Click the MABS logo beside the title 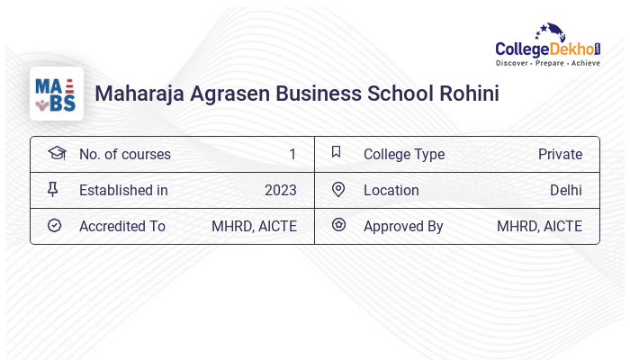[x=56, y=94]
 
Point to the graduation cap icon [x=56, y=153]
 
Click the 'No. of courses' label [x=124, y=154]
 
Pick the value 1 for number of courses [x=292, y=154]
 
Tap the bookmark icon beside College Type [x=337, y=152]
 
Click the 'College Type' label [x=403, y=154]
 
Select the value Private [x=560, y=154]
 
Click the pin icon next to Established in [x=53, y=189]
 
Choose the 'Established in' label [x=123, y=190]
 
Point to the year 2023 [x=280, y=190]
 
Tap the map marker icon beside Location [x=338, y=189]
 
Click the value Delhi [x=565, y=190]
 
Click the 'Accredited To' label [x=121, y=226]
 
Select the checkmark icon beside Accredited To [x=54, y=225]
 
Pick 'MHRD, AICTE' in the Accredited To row [x=254, y=226]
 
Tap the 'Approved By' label [x=403, y=226]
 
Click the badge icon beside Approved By [x=338, y=225]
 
